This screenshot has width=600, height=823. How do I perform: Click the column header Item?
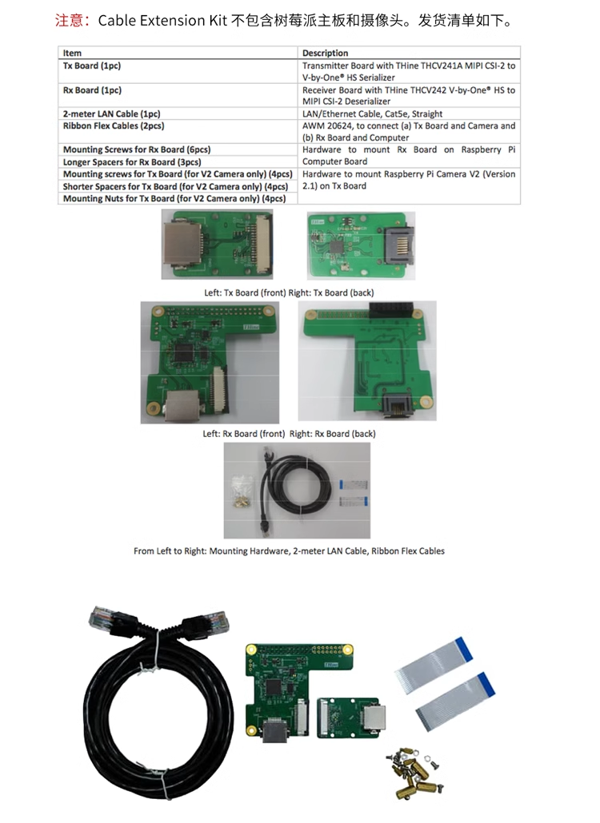click(72, 53)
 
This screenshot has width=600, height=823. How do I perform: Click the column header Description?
click(326, 53)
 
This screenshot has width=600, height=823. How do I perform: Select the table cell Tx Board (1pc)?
click(92, 66)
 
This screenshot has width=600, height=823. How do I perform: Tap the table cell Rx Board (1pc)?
click(92, 90)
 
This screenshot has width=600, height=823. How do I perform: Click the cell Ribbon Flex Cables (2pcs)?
click(114, 126)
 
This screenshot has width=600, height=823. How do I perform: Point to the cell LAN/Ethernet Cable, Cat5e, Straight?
click(373, 114)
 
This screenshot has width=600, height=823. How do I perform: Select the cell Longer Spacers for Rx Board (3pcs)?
click(131, 161)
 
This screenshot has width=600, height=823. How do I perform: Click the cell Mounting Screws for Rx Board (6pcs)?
click(137, 149)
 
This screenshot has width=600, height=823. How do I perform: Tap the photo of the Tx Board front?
click(217, 244)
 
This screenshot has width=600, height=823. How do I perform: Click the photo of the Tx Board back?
click(361, 244)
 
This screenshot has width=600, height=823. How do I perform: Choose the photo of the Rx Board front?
click(210, 362)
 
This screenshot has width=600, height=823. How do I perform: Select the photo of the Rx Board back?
click(367, 360)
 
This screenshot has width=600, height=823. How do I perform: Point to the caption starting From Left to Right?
click(289, 551)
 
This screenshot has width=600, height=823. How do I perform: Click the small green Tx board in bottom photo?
click(351, 718)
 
